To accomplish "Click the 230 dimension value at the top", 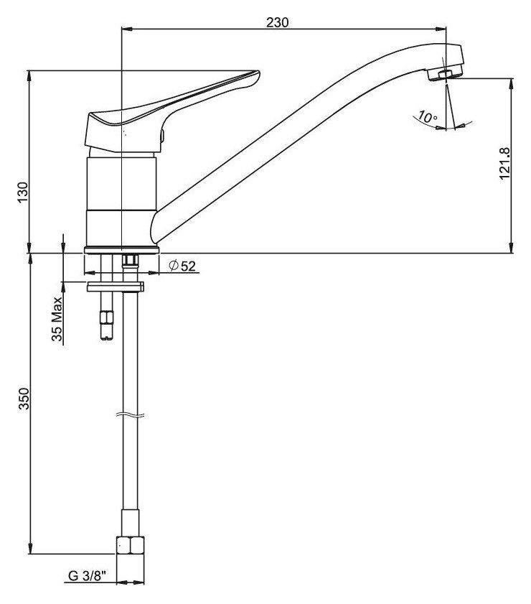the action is [x=277, y=22].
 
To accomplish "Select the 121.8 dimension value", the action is [x=504, y=163].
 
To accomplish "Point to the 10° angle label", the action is [x=428, y=117].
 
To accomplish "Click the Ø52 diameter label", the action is [x=182, y=266].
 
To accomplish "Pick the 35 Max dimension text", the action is [x=57, y=319].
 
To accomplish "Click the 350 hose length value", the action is [x=24, y=399].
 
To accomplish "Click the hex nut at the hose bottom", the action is [x=131, y=545].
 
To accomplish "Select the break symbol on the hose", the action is [x=131, y=415].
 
